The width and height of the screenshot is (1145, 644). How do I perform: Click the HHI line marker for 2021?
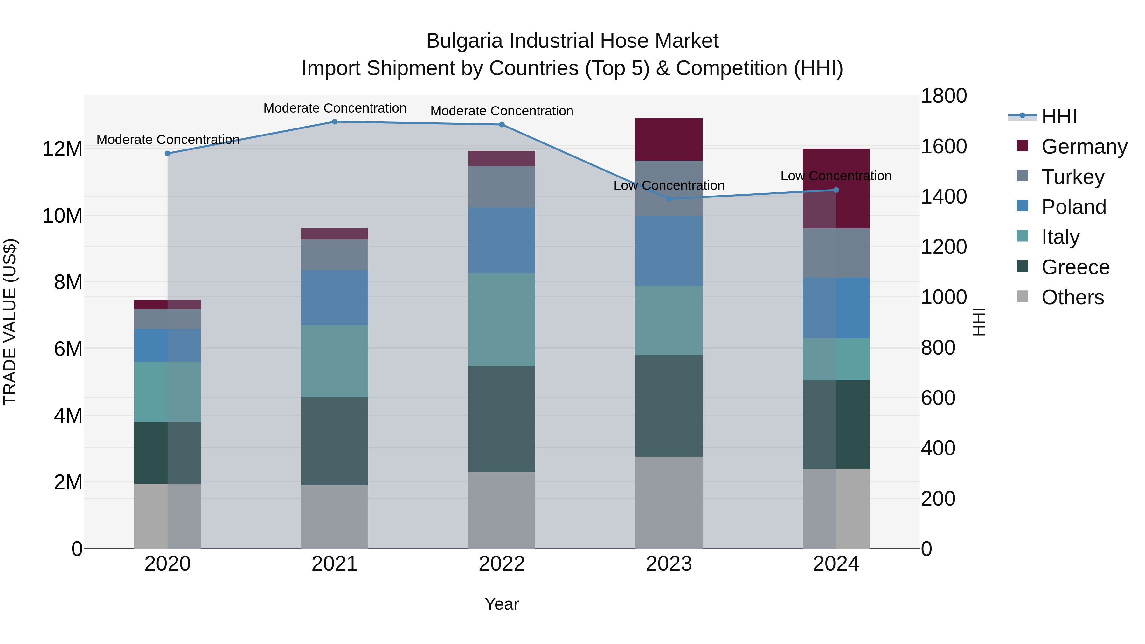(x=335, y=122)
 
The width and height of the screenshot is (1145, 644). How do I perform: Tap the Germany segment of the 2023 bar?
(x=669, y=139)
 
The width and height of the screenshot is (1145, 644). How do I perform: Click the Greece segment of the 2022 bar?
(x=502, y=419)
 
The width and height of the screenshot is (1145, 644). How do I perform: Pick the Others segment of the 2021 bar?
(x=335, y=516)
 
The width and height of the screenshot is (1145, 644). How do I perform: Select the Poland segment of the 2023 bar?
(x=669, y=251)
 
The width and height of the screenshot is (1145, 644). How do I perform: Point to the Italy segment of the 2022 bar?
(x=502, y=320)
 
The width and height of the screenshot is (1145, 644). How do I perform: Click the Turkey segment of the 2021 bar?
(x=335, y=255)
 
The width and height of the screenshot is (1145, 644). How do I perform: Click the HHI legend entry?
(x=1059, y=116)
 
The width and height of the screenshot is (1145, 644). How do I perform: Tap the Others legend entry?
(x=1072, y=297)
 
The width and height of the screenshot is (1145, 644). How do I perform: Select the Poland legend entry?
(x=1073, y=207)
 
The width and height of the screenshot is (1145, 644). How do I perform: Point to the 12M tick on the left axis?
(x=62, y=149)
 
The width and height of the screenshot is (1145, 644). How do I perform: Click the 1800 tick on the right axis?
(x=944, y=96)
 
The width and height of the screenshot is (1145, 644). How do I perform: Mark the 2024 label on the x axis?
(x=836, y=564)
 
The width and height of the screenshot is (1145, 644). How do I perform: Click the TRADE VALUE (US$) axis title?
(x=10, y=322)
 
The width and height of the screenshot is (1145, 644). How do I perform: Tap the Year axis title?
(x=501, y=604)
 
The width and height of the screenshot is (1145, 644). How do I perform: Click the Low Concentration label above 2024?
(x=836, y=176)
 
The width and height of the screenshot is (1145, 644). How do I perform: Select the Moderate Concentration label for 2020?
(x=168, y=140)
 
